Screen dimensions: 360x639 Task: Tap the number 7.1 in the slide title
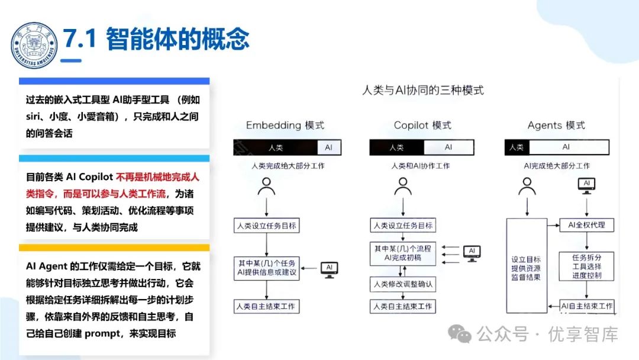pos(80,39)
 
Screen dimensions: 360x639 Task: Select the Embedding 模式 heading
pos(285,126)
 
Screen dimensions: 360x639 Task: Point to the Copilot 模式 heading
pos(422,126)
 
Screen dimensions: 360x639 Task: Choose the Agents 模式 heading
pos(556,126)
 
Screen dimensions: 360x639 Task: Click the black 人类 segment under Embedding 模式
pos(275,147)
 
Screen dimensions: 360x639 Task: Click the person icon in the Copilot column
pos(403,187)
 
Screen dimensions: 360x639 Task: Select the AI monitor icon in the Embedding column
pos(329,268)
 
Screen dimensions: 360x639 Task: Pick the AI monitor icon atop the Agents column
pos(587,185)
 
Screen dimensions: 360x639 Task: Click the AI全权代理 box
pos(587,225)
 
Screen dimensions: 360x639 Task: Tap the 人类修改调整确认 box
pos(403,284)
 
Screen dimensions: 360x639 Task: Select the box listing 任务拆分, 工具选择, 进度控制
pos(587,267)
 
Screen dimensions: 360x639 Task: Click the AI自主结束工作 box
pos(587,306)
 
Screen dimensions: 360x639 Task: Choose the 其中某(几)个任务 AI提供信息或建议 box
pos(267,268)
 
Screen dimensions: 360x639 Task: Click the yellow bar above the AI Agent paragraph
pos(114,248)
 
